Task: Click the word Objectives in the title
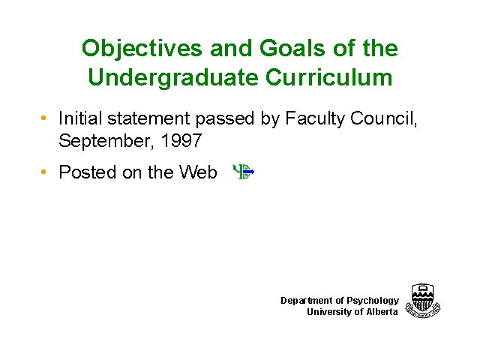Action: click(142, 49)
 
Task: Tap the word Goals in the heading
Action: click(292, 48)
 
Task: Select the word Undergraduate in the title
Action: click(173, 78)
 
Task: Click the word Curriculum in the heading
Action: click(329, 76)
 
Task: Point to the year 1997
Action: click(181, 140)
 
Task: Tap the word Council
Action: click(384, 118)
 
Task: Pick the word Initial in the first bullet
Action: click(80, 118)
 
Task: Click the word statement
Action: click(148, 118)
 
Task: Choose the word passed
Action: click(225, 119)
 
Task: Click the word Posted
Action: click(88, 172)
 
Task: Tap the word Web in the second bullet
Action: click(198, 172)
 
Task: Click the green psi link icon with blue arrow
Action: click(244, 172)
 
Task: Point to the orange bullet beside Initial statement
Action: click(43, 118)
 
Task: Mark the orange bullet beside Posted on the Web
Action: click(43, 172)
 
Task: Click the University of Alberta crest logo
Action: click(423, 300)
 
